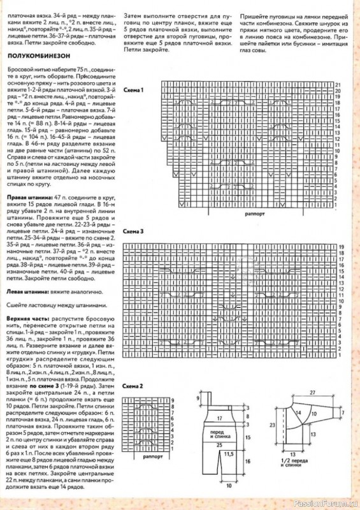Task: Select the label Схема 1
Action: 133,90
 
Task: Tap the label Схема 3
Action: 133,231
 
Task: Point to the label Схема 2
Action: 133,387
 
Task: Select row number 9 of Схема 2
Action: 173,399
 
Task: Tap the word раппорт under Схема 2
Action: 153,457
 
